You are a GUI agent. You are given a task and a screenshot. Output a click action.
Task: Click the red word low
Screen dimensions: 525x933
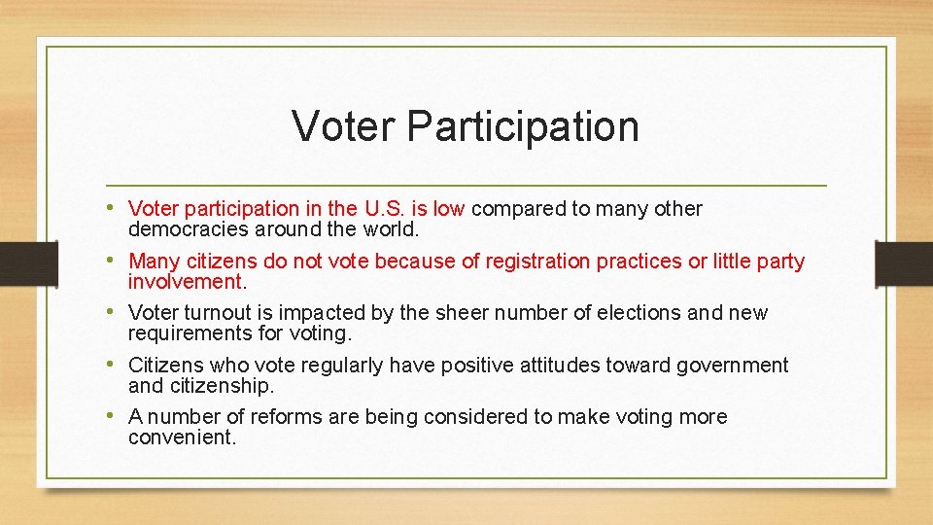[449, 209]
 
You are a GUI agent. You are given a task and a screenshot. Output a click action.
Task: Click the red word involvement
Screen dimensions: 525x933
[186, 282]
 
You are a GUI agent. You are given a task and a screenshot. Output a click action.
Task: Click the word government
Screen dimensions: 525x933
[730, 366]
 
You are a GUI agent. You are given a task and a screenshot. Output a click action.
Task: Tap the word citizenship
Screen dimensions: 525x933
[219, 386]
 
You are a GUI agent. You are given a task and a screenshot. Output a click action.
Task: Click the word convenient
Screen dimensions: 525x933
[182, 437]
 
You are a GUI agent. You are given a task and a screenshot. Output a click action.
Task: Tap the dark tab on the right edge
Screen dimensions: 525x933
[904, 262]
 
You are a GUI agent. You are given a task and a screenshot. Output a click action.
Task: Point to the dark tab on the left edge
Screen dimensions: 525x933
[17, 262]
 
